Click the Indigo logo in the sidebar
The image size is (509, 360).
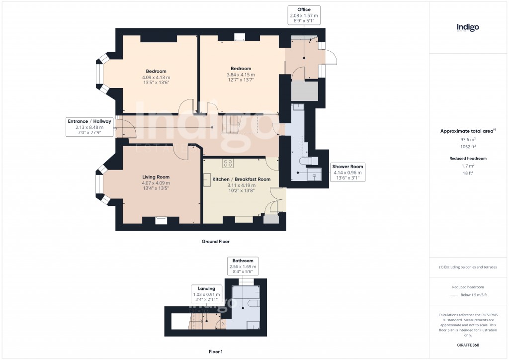468,28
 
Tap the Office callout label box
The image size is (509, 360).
304,16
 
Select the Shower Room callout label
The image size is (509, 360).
348,172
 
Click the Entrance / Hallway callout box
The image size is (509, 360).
90,127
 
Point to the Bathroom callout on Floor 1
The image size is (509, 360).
242,267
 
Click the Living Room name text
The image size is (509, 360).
156,177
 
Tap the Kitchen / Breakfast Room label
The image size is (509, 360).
241,179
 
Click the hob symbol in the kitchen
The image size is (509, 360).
229,163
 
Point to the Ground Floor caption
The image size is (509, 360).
215,242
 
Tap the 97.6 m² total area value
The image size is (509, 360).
468,140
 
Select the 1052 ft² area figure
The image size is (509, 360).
468,147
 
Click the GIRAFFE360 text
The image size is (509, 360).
468,345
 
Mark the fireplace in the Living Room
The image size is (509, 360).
161,220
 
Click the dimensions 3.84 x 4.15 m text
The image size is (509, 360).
241,75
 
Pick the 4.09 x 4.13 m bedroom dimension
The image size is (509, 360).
156,78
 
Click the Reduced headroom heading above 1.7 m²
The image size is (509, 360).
468,158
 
